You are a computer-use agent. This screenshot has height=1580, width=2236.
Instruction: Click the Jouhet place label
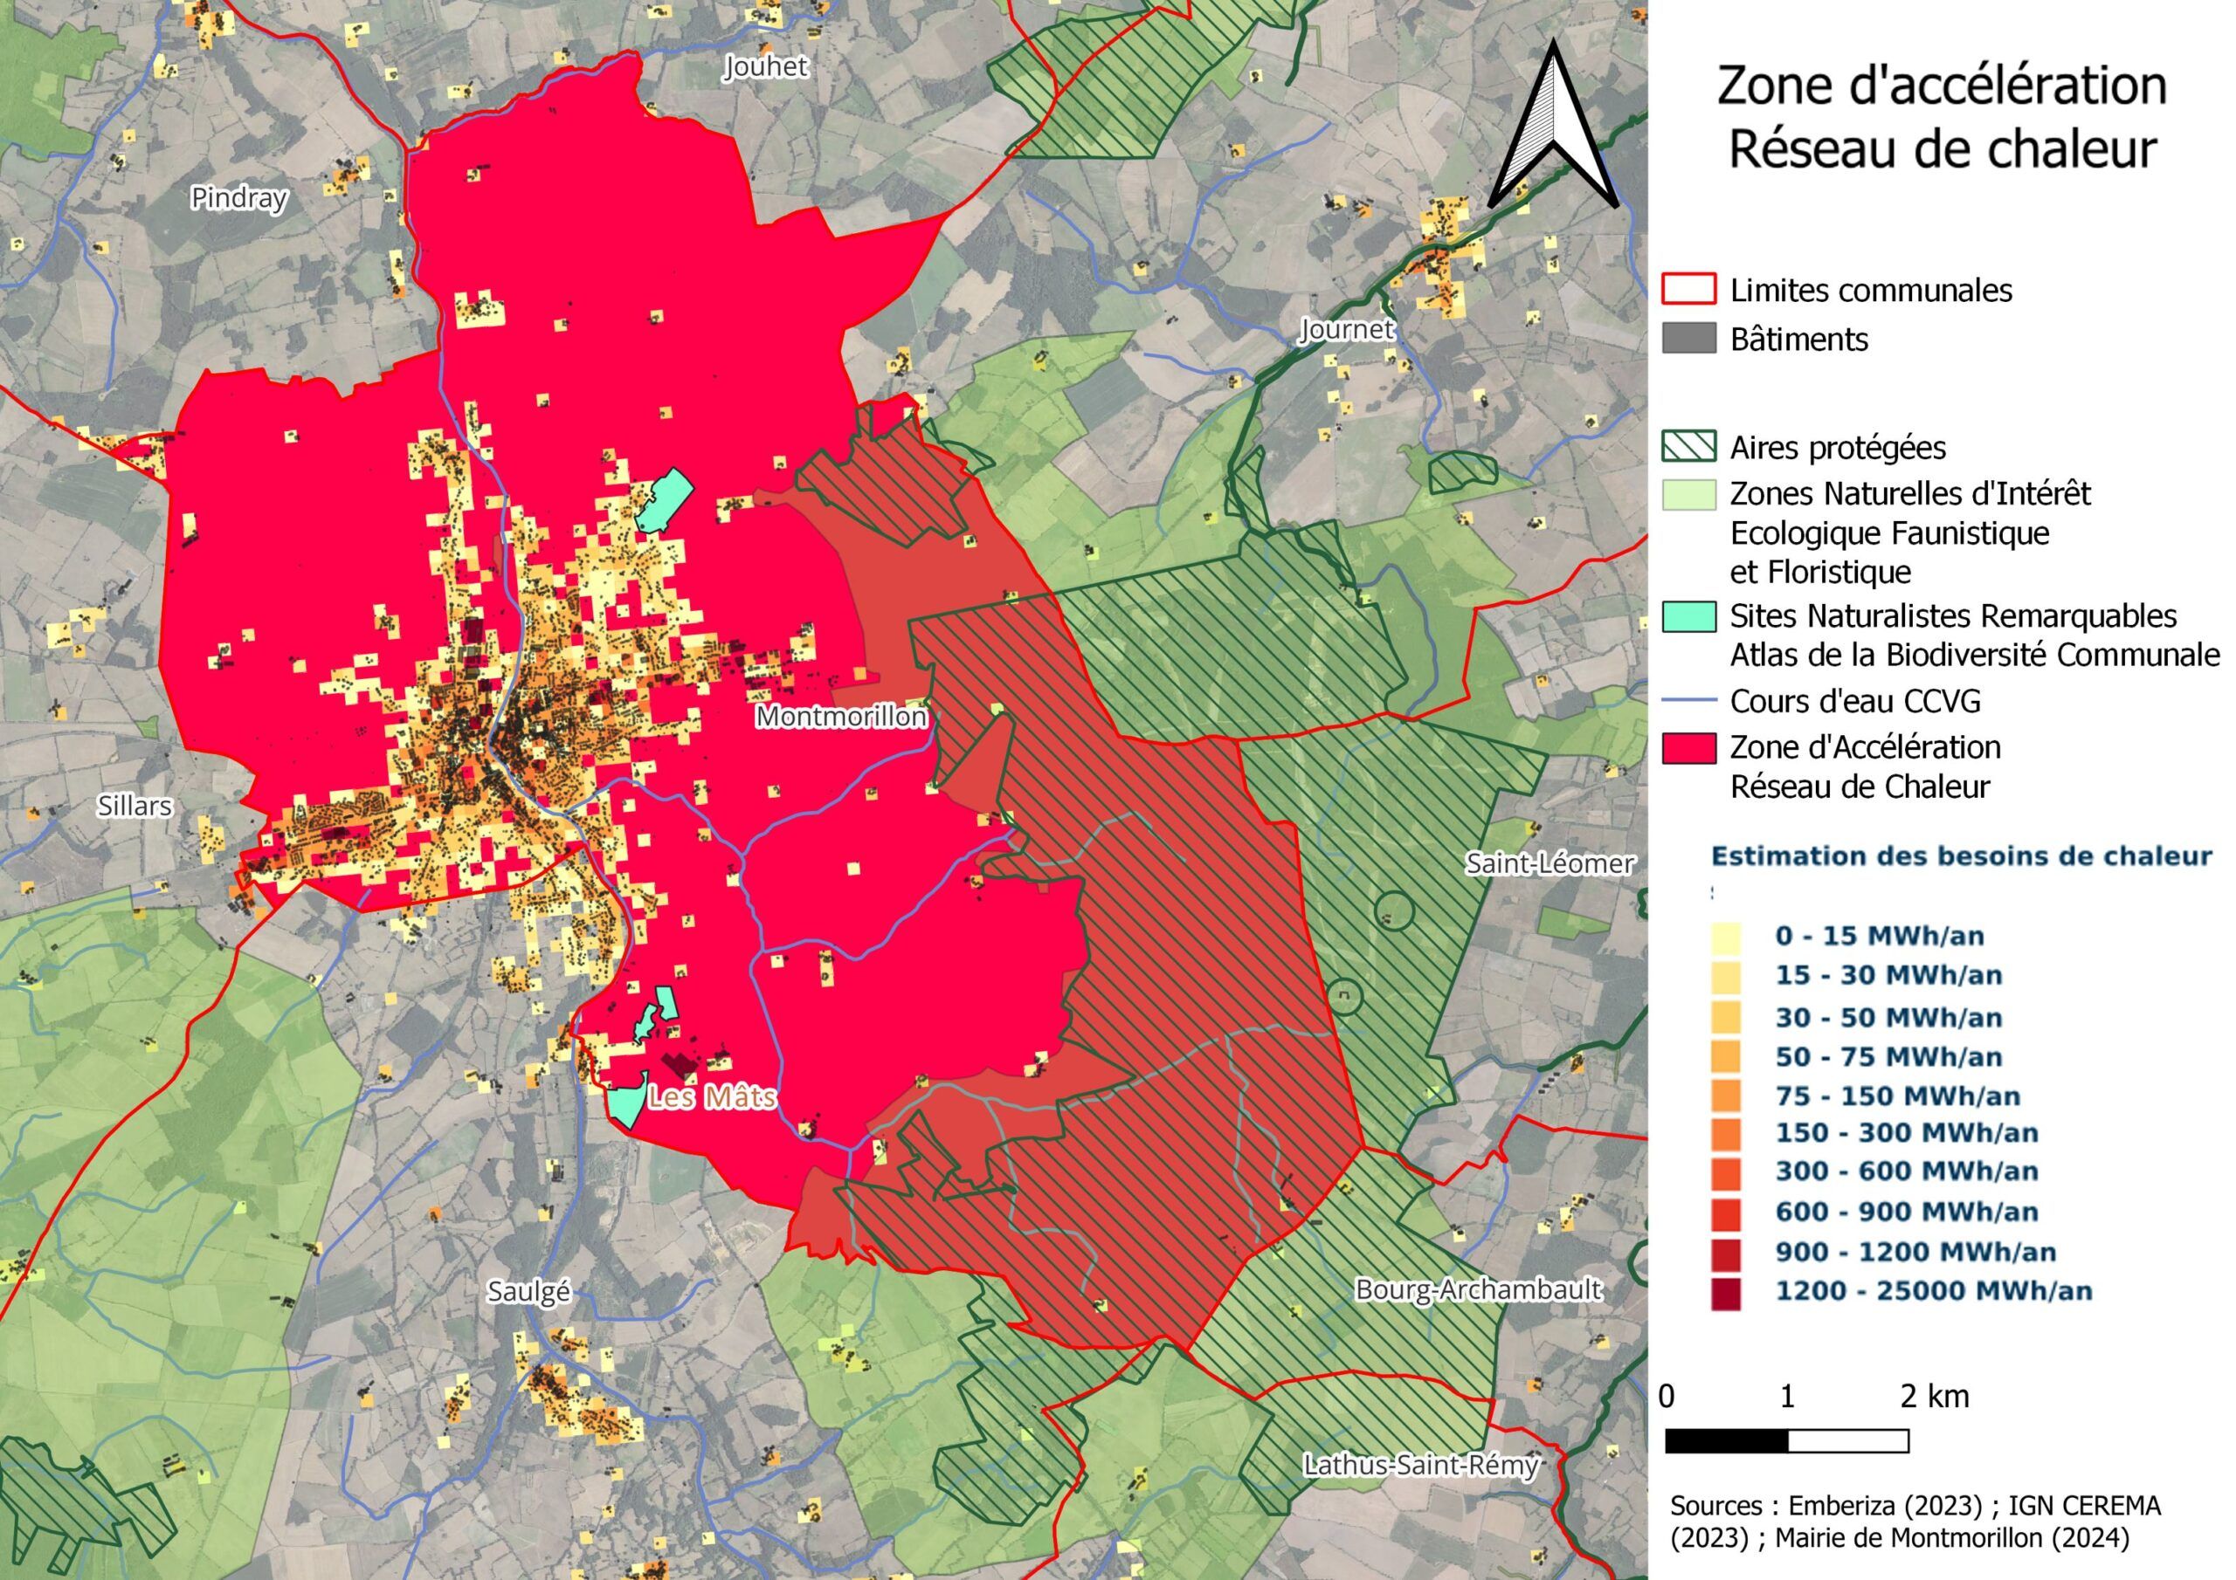(x=765, y=66)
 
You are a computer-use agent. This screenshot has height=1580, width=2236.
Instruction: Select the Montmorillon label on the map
(x=841, y=717)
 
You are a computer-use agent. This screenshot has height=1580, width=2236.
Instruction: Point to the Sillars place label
(x=135, y=805)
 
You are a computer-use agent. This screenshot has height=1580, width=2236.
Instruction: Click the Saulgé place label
(x=528, y=1291)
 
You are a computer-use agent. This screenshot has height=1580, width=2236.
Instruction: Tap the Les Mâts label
(x=712, y=1097)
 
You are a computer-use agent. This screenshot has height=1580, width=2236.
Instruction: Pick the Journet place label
(x=1347, y=329)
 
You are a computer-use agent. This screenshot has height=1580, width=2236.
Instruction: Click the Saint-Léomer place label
(x=1549, y=862)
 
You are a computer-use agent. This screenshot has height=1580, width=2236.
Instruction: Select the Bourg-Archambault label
(x=1477, y=1290)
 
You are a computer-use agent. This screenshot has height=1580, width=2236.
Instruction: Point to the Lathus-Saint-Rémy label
(x=1420, y=1464)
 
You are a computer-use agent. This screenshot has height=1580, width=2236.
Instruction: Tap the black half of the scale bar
(x=1727, y=1441)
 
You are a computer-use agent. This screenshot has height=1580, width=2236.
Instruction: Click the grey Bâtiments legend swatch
(x=1688, y=339)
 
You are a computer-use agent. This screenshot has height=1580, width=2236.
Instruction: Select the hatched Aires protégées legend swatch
(x=1688, y=447)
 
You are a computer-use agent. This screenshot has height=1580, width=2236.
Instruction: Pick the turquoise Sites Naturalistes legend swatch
(x=1688, y=616)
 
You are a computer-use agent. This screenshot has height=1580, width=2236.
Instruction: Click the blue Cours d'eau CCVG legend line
(x=1688, y=701)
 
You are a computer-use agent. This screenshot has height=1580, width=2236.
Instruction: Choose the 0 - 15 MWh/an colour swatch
(x=1725, y=936)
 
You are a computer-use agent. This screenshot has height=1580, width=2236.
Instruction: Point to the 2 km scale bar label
(x=1934, y=1396)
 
